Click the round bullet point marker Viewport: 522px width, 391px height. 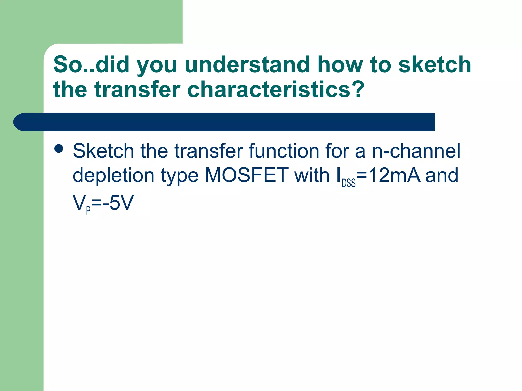click(59, 149)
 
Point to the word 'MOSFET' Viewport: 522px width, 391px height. click(246, 175)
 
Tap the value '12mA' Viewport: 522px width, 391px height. click(394, 175)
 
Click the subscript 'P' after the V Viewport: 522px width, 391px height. click(88, 210)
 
